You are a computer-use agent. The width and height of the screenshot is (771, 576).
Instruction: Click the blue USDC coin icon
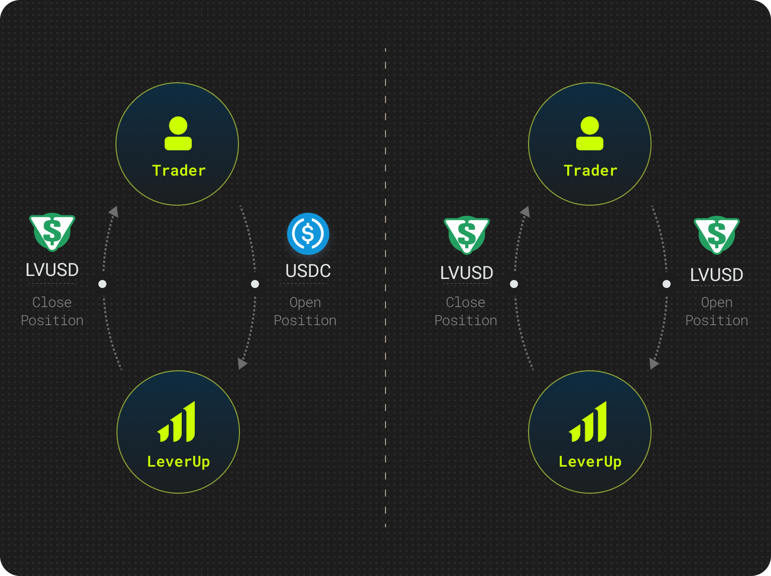click(308, 233)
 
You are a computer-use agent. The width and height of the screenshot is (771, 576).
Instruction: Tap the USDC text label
click(308, 270)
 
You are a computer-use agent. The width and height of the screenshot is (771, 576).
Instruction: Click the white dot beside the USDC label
click(255, 284)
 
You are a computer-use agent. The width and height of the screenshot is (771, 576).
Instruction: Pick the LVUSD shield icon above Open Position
click(717, 235)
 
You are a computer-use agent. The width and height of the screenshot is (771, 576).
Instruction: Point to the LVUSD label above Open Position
click(717, 274)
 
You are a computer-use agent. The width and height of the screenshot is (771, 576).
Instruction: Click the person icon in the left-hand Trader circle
click(178, 133)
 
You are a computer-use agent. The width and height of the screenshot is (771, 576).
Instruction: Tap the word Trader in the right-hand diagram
click(590, 171)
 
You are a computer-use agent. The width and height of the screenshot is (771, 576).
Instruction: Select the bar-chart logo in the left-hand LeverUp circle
click(176, 421)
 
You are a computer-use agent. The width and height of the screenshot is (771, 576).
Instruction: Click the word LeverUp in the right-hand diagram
click(590, 462)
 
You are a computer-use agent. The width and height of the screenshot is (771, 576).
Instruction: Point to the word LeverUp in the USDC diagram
click(178, 462)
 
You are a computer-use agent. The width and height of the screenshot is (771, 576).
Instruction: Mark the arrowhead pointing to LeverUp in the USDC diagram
click(242, 364)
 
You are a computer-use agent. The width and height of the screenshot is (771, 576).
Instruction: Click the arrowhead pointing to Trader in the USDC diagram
click(114, 212)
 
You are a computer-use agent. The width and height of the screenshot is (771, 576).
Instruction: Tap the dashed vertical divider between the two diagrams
click(385, 288)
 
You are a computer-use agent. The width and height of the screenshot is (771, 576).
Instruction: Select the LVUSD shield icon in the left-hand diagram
click(52, 232)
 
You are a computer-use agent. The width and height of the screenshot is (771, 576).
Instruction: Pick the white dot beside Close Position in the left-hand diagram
click(102, 284)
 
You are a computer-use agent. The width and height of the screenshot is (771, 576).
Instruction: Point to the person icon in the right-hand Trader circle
click(590, 133)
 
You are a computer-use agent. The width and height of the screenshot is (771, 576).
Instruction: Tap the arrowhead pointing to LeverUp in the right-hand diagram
click(654, 364)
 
